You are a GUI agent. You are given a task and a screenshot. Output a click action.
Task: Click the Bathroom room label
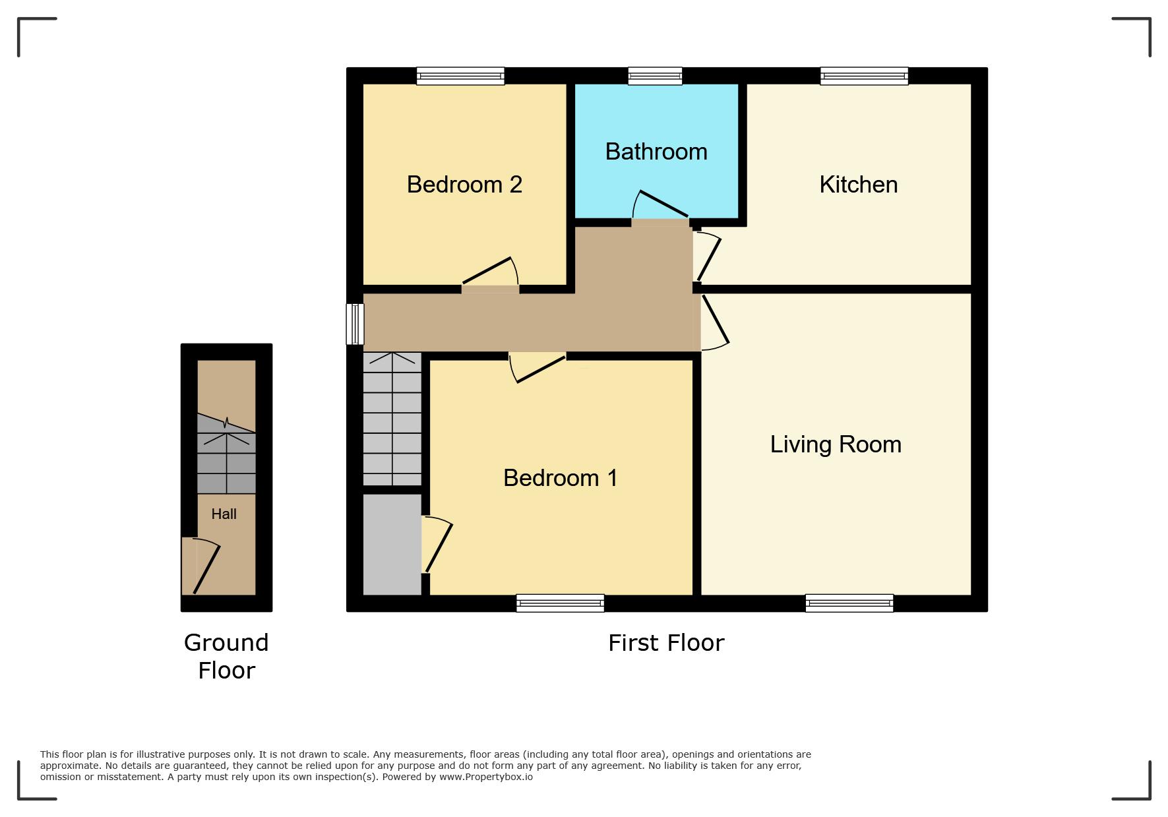[656, 152]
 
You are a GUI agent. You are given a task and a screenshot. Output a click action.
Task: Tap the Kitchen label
[858, 185]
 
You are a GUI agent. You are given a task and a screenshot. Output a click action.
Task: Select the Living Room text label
[836, 444]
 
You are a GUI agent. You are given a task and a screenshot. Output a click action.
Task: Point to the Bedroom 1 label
[560, 478]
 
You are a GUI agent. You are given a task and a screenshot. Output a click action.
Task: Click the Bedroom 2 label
[464, 185]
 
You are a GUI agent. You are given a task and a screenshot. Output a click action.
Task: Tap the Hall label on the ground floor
[224, 514]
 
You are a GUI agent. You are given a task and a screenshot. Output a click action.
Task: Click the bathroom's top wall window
[655, 76]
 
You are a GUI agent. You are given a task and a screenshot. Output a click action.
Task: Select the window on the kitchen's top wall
[864, 76]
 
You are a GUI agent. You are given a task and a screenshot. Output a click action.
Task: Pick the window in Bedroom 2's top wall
[460, 76]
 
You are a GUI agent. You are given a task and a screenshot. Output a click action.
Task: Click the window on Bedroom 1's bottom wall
[560, 603]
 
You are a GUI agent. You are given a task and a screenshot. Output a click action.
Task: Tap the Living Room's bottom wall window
[849, 603]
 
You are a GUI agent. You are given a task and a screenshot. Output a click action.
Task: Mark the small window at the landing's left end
[355, 324]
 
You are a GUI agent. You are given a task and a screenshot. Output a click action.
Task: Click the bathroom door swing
[660, 205]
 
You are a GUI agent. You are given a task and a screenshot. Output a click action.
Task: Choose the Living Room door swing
[716, 322]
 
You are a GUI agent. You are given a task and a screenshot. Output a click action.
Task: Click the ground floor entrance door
[204, 566]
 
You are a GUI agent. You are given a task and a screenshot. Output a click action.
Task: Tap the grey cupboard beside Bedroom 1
[392, 545]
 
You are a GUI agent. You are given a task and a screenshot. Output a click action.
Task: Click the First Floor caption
[666, 643]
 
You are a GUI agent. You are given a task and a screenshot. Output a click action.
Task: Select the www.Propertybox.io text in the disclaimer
[486, 777]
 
